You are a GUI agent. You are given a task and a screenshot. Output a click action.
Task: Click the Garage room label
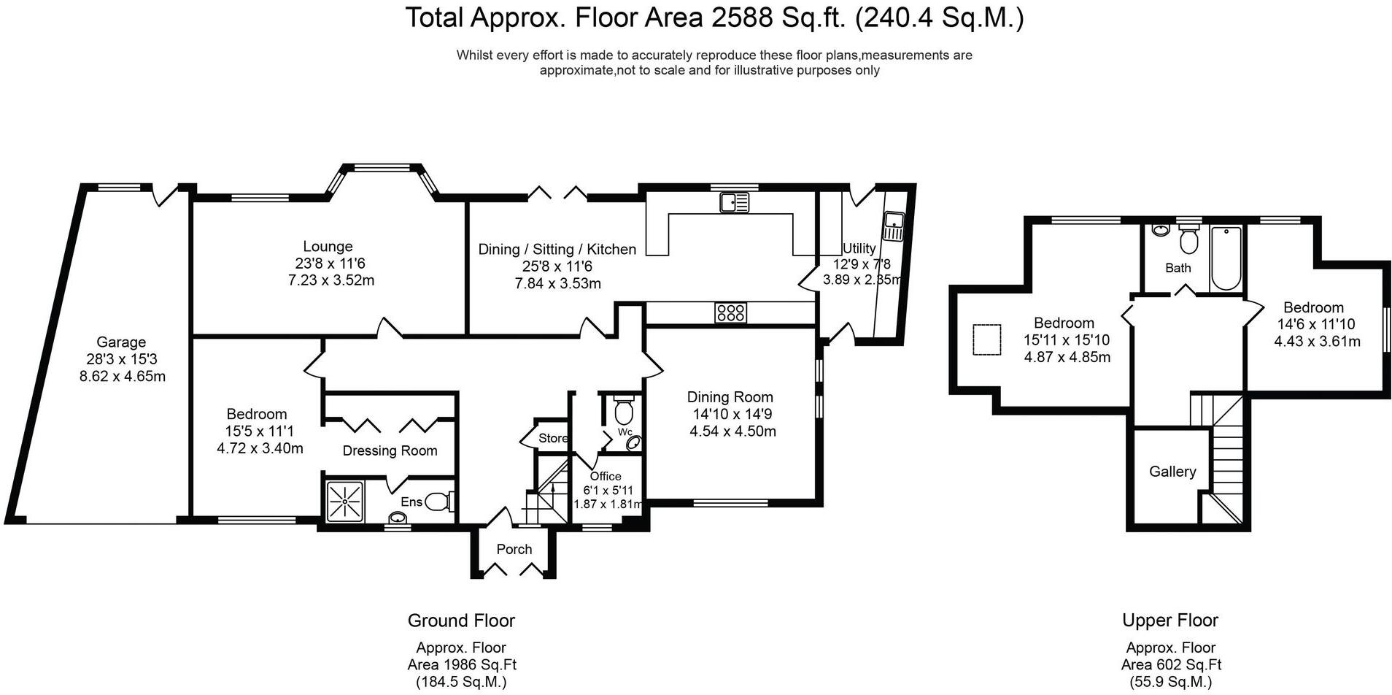121,342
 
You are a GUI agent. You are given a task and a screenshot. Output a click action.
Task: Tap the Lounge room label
328,247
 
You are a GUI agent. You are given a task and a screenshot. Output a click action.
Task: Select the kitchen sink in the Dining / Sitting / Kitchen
735,202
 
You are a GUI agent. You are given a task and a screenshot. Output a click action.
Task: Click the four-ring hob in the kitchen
730,313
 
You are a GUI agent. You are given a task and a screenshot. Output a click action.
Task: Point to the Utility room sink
893,226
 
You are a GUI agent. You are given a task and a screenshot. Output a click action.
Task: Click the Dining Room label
730,397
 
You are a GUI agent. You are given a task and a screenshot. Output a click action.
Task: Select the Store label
553,438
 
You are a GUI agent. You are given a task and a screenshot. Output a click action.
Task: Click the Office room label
606,476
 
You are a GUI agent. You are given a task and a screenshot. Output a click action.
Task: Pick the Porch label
514,549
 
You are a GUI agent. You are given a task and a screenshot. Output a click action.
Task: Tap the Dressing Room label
390,451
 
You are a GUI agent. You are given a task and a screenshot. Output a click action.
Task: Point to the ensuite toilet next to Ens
439,502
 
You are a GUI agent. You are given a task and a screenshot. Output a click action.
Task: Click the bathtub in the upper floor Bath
1226,258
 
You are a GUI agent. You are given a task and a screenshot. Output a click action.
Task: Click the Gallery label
1172,472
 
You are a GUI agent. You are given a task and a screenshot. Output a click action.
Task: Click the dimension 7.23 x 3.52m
331,280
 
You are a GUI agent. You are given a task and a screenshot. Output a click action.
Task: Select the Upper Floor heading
1170,621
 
